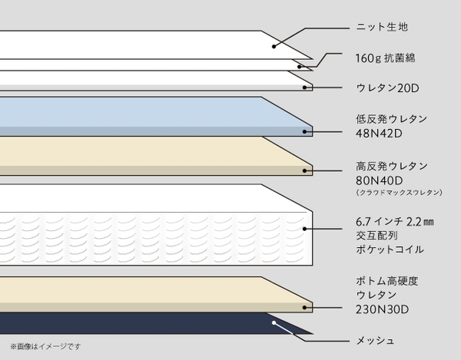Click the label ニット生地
pyautogui.click(x=382, y=27)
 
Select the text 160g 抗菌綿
pyautogui.click(x=385, y=58)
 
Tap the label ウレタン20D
pyautogui.click(x=387, y=88)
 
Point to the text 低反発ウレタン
pyautogui.click(x=391, y=119)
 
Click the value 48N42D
pyautogui.click(x=379, y=134)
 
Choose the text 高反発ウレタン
pyautogui.click(x=392, y=167)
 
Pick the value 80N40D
pyautogui.click(x=380, y=180)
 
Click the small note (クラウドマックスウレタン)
pyautogui.click(x=399, y=193)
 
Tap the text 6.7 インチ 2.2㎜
pyautogui.click(x=395, y=222)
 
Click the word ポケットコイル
pyautogui.click(x=390, y=249)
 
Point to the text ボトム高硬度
pyautogui.click(x=387, y=281)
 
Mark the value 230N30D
pyautogui.click(x=382, y=309)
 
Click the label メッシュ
pyautogui.click(x=375, y=341)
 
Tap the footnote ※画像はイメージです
pyautogui.click(x=45, y=346)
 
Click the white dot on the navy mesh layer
pyautogui.click(x=274, y=322)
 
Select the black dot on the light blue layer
pyautogui.click(x=304, y=132)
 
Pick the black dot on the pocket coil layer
pyautogui.click(x=304, y=229)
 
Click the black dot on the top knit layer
pyautogui.click(x=274, y=46)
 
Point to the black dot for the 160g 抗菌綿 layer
pyautogui.click(x=300, y=67)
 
